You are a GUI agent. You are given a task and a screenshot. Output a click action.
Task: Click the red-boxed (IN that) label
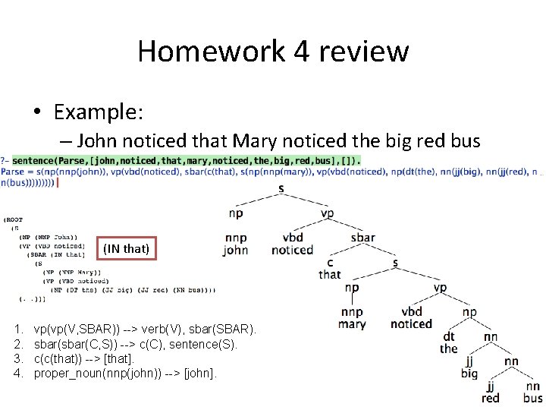click(x=125, y=248)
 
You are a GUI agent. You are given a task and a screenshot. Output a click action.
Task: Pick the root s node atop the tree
click(x=281, y=188)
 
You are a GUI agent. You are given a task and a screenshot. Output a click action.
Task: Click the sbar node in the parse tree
click(x=362, y=237)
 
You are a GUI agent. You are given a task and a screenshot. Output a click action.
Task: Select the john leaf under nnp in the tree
click(x=236, y=251)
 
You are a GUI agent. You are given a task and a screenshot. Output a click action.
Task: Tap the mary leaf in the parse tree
click(x=352, y=324)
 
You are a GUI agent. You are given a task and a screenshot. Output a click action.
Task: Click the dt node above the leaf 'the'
click(x=449, y=336)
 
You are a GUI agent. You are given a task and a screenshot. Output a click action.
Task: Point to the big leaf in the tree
click(x=469, y=373)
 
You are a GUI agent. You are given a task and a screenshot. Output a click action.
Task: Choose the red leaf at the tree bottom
click(x=491, y=398)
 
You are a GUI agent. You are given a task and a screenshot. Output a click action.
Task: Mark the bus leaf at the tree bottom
click(x=533, y=398)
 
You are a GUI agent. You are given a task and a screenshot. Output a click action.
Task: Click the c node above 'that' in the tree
click(x=330, y=262)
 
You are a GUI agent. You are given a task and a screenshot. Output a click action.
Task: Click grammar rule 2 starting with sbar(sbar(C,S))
click(x=136, y=345)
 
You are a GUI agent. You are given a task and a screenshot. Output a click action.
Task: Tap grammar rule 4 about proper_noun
click(x=125, y=373)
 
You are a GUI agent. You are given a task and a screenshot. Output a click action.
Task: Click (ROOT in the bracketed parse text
click(x=14, y=220)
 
